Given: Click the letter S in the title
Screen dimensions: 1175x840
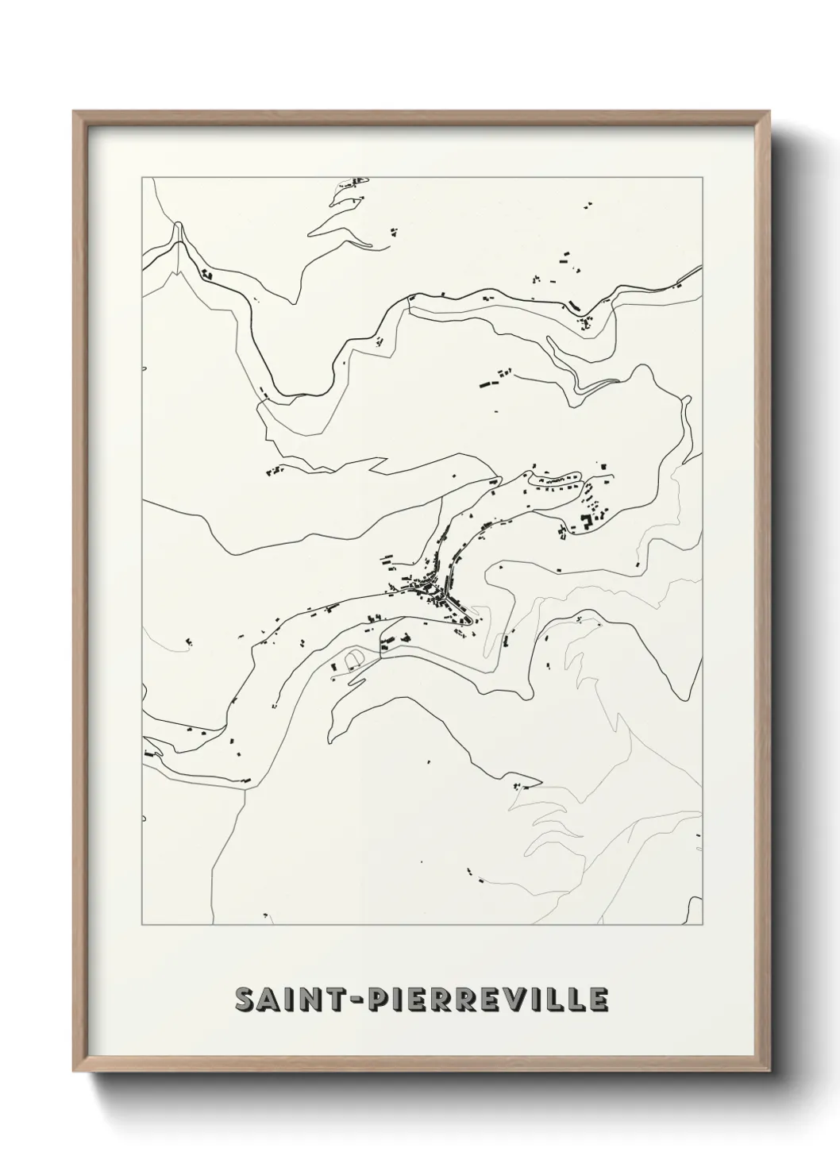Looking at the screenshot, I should [x=247, y=1000].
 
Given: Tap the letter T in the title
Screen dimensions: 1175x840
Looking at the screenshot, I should [x=329, y=1000].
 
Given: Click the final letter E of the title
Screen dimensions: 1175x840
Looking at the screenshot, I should [x=599, y=1000].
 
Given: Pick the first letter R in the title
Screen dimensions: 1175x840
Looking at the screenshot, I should [x=436, y=1000].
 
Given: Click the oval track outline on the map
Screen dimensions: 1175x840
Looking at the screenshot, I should [x=354, y=658].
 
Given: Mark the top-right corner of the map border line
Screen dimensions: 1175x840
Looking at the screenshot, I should [x=702, y=177].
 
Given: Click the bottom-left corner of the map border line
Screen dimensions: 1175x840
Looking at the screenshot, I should [x=142, y=926].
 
